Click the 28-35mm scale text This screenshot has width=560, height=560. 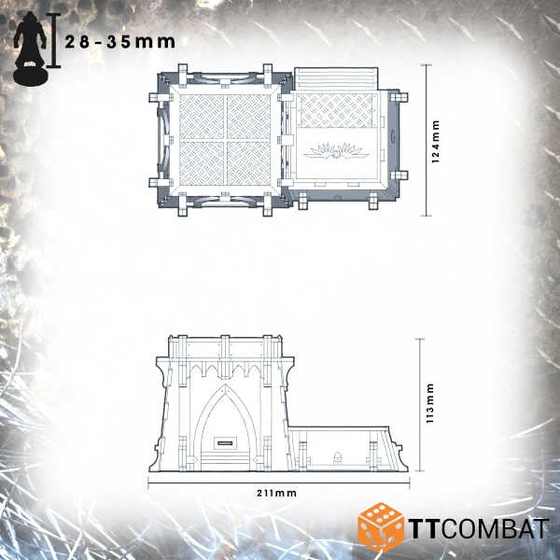pos(120,42)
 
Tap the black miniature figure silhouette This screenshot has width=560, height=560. pos(31,49)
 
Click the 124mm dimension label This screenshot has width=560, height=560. pos(435,142)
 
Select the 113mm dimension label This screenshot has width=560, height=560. pos(429,403)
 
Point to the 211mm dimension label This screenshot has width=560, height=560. pos(277,493)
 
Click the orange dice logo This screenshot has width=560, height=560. pos(381,527)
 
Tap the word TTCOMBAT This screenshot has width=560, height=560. pos(479,528)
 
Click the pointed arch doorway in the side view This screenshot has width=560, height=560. pos(225,427)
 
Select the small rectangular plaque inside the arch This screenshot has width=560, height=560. pos(225,443)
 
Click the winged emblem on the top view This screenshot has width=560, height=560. pos(336,151)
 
